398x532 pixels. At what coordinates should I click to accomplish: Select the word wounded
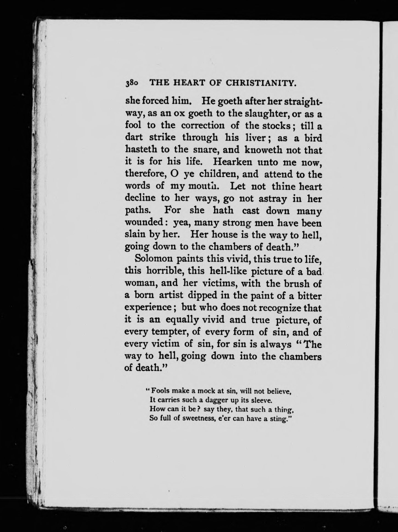[144, 223]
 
